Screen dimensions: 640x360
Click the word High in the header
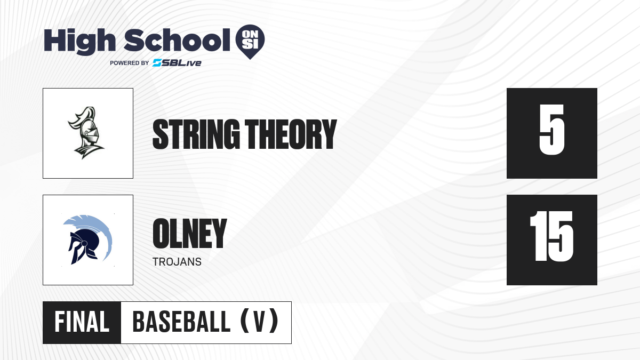coord(79,42)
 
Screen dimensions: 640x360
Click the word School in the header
coord(177,40)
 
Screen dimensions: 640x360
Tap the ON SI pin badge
coord(250,42)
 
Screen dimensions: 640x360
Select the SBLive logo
coord(177,63)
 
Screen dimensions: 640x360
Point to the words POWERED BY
coord(130,63)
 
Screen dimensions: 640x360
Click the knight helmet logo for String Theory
coord(86,133)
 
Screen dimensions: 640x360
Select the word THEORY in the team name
coord(291,134)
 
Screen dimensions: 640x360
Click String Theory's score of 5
coord(552,130)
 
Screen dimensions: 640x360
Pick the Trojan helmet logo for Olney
coord(87,239)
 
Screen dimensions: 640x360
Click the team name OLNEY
coord(190,234)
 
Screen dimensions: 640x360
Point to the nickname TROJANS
coord(177,262)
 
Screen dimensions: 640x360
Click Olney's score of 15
coord(551,236)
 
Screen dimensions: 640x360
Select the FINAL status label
coord(82,322)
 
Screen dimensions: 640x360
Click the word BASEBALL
coord(181,322)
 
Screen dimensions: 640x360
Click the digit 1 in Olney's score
coord(537,236)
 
